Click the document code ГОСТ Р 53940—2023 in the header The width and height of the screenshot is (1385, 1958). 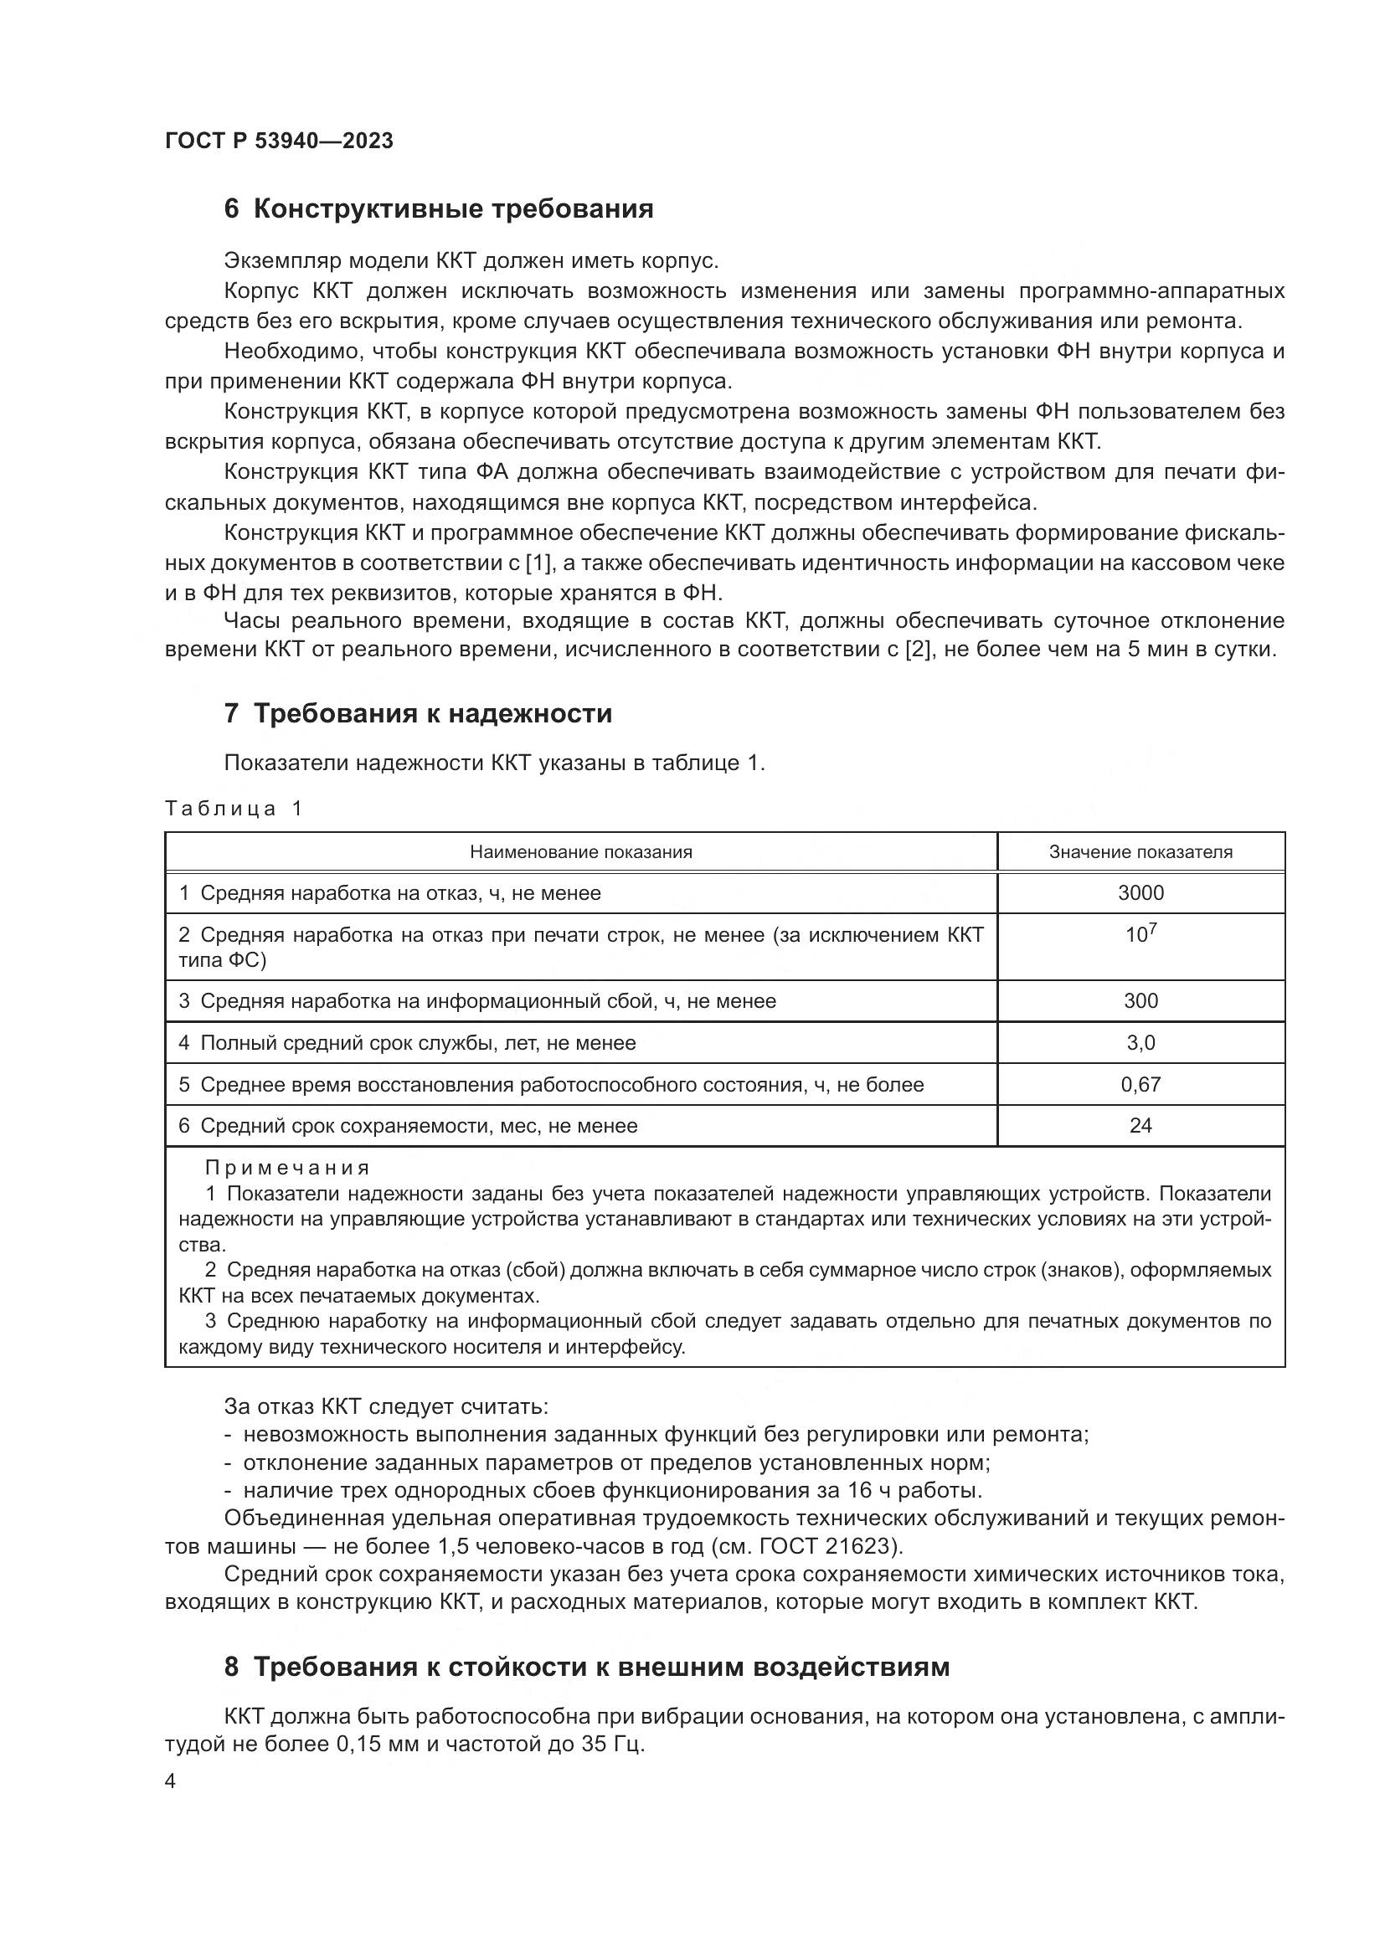point(279,141)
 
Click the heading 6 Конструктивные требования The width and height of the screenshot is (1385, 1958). point(438,209)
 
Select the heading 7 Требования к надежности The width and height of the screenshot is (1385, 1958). point(418,713)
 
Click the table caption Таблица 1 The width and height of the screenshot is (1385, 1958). point(234,809)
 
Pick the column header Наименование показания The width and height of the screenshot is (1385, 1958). point(581,852)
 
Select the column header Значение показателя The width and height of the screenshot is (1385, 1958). point(1140,852)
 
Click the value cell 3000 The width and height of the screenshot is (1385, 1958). point(1140,893)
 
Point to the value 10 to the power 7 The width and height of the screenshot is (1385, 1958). point(1140,934)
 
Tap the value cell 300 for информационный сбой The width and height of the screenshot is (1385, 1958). point(1140,1001)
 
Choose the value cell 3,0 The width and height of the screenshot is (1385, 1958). point(1140,1043)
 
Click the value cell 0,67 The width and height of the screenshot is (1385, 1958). point(1140,1085)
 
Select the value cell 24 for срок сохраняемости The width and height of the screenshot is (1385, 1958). point(1140,1126)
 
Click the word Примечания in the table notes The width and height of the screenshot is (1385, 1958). point(287,1168)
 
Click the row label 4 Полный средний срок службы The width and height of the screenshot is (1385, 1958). point(408,1043)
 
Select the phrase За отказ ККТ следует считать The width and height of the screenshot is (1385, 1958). point(386,1406)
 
